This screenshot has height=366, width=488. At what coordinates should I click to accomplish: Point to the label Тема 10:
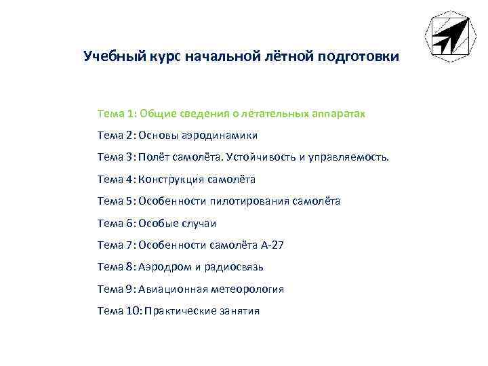click(119, 311)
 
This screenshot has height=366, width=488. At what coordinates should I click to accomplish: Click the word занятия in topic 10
click(238, 311)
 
